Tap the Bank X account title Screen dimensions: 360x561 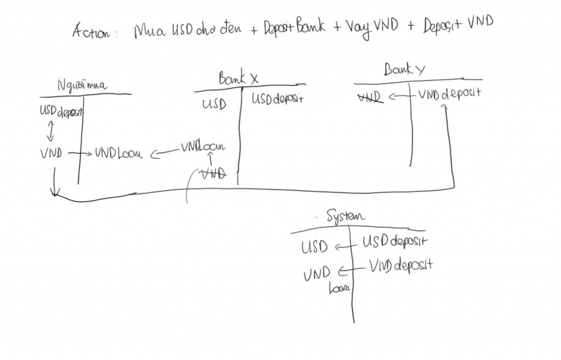(x=238, y=79)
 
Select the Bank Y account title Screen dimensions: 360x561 (x=404, y=70)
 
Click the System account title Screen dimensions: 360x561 (x=345, y=216)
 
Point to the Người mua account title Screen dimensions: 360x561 (x=82, y=85)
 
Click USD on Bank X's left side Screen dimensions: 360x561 (x=214, y=104)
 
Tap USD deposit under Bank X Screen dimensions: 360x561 (x=277, y=99)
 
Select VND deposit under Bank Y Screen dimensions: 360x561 (x=449, y=94)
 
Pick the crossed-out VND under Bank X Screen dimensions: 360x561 (x=214, y=174)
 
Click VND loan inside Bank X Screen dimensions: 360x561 (x=203, y=147)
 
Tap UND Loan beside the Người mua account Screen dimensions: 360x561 (x=118, y=153)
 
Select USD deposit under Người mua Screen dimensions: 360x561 (x=60, y=111)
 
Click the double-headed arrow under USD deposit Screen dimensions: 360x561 (x=50, y=131)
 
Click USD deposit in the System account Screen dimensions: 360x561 (x=394, y=241)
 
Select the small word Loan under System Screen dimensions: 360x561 (x=339, y=288)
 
